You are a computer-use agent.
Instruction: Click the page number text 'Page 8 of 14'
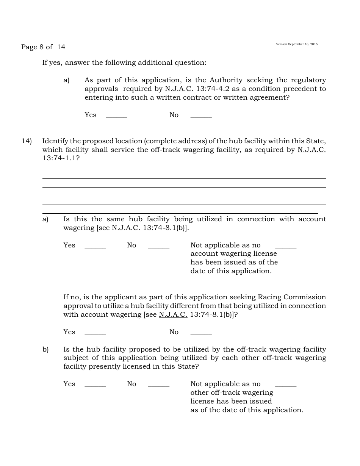(x=43, y=47)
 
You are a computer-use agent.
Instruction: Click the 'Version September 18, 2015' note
(x=297, y=44)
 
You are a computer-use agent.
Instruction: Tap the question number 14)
(x=26, y=141)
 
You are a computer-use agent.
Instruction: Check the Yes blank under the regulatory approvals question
(x=116, y=116)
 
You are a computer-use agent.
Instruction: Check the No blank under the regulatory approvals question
(x=201, y=116)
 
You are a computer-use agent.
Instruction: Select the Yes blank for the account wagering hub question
(x=95, y=246)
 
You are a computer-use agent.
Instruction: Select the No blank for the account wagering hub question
(x=158, y=246)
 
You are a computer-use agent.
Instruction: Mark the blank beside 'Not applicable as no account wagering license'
(x=286, y=246)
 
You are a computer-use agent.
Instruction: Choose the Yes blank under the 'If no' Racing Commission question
(x=95, y=333)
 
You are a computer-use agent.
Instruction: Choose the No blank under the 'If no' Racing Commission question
(x=201, y=333)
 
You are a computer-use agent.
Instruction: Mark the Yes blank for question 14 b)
(x=95, y=385)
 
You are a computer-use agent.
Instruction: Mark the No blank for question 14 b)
(x=158, y=385)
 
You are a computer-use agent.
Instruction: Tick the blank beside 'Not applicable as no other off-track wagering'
(x=286, y=385)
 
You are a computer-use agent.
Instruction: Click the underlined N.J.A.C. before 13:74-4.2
(x=179, y=89)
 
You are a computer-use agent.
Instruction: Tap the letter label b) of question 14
(x=45, y=349)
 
